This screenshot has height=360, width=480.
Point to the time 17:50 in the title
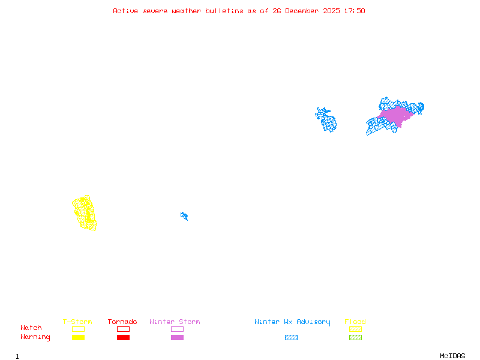(x=354, y=11)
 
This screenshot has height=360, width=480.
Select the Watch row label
(x=31, y=328)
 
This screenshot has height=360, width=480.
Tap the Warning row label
(x=35, y=337)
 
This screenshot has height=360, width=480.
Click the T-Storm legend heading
(x=77, y=322)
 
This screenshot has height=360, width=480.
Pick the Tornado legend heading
(x=122, y=322)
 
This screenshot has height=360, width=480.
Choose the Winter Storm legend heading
(x=175, y=322)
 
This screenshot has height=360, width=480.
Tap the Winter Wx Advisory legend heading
(x=292, y=322)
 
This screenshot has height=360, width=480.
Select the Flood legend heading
(x=355, y=322)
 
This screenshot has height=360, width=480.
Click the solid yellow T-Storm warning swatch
(x=78, y=338)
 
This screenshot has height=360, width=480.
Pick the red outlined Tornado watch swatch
(x=123, y=329)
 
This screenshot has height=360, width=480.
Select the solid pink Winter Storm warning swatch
(x=177, y=338)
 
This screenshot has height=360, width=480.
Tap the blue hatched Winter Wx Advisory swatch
(x=291, y=338)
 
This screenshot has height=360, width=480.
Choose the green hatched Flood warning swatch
(x=355, y=338)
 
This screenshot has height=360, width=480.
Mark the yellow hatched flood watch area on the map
(x=85, y=213)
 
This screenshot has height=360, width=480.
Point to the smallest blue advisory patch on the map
(x=184, y=215)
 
